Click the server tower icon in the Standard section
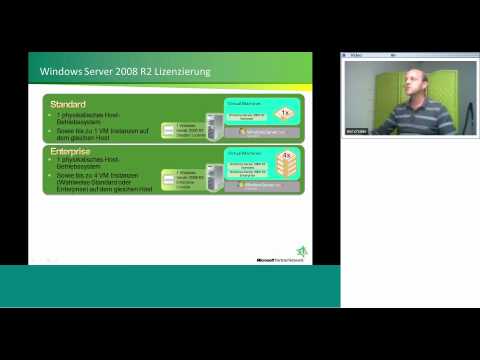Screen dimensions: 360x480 pos(213,126)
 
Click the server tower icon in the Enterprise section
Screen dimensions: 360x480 pos(213,178)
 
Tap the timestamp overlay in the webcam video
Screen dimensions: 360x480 pos(357,130)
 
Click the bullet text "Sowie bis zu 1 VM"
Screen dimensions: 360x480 pos(93,131)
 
